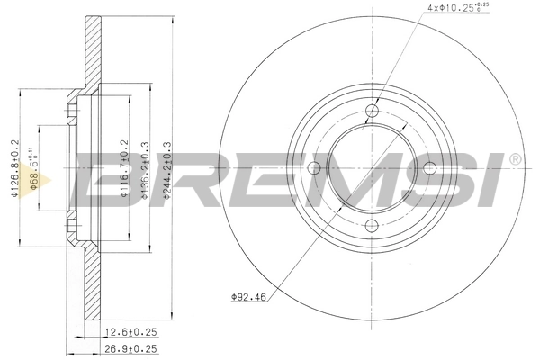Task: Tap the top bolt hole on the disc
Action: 373,112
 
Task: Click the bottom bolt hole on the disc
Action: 373,225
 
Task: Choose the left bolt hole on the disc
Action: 315,168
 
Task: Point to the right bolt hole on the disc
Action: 429,168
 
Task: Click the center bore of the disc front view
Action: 373,168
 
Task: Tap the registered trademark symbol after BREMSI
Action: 514,159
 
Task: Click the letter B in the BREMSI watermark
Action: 105,180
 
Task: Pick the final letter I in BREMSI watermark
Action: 495,180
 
